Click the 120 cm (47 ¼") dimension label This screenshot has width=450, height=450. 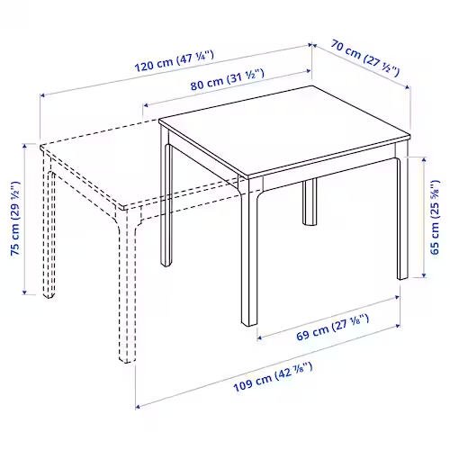coord(174,61)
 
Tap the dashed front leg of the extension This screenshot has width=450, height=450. coord(127,288)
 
